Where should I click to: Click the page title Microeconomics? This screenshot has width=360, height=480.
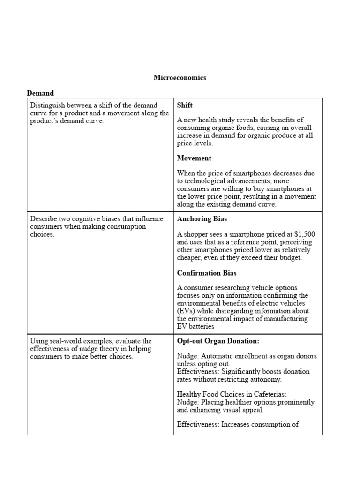coord(180,78)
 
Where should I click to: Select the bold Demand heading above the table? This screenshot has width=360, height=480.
coord(40,93)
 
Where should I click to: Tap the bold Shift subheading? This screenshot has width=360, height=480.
coord(185,105)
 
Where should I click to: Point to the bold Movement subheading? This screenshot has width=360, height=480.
coord(194,158)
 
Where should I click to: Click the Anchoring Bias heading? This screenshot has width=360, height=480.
coord(202,219)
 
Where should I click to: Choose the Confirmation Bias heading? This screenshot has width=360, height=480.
coord(207,273)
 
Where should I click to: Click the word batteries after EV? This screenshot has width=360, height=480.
coord(202,326)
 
